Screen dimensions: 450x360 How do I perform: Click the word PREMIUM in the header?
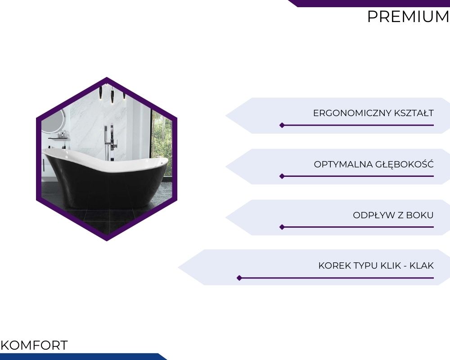[408, 16]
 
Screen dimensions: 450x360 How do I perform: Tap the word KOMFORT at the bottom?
[34, 345]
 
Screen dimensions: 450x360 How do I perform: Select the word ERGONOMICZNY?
[352, 113]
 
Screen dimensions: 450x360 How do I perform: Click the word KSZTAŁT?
[414, 113]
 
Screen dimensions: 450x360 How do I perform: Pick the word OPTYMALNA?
[341, 164]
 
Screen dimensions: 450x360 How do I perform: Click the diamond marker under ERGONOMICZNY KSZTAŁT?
[282, 125]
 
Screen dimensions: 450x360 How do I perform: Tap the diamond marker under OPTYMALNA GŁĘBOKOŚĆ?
[282, 176]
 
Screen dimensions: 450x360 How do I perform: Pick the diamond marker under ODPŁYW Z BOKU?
[282, 227]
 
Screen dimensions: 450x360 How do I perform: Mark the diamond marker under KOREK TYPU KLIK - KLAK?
[239, 278]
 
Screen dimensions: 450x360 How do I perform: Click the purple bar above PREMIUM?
[369, 4]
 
